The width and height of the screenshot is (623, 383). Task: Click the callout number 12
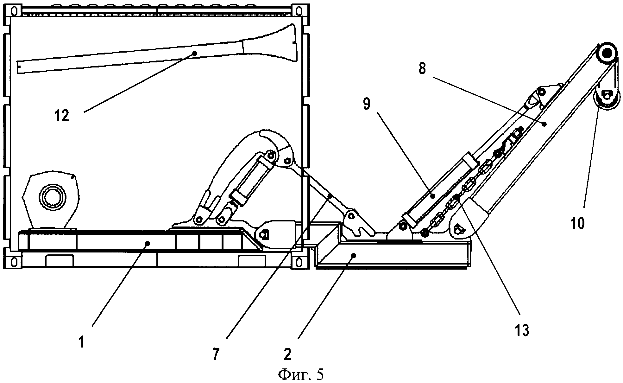[x=61, y=116]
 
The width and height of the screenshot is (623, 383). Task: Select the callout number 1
[x=82, y=342]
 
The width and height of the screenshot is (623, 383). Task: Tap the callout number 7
[x=216, y=354]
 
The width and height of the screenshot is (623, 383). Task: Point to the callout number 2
[x=287, y=354]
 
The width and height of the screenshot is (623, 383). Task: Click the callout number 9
[x=366, y=104]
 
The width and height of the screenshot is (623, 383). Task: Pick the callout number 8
[x=422, y=68]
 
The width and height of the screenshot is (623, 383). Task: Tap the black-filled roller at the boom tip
[x=606, y=54]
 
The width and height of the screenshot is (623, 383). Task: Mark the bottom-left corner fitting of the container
[x=14, y=262]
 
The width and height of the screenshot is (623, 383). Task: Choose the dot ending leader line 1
[x=147, y=243]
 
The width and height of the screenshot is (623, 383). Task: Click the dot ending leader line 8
[x=544, y=124]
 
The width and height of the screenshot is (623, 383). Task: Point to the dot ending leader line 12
[x=195, y=53]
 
